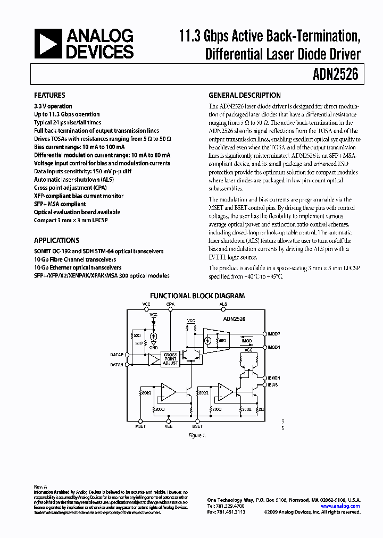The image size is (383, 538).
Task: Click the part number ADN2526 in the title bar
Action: point(339,75)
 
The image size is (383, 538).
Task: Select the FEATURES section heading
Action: point(49,95)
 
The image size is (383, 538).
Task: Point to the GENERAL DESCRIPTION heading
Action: point(244,95)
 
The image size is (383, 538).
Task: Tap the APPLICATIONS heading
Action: point(56,240)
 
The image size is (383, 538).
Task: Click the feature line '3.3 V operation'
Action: point(53,106)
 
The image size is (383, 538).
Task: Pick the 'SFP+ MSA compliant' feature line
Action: point(60,204)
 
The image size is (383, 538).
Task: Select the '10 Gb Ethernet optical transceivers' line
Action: point(78,267)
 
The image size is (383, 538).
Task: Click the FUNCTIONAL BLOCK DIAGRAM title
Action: point(197,296)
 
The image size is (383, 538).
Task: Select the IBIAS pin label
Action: point(273,384)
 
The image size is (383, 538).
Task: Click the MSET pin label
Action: point(140,426)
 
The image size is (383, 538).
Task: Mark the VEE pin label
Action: point(169,426)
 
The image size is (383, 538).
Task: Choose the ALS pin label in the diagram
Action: point(223,305)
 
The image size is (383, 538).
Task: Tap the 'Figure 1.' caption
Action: point(197,435)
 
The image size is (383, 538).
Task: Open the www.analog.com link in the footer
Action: point(345,506)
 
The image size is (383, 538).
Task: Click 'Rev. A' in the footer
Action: point(40,486)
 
